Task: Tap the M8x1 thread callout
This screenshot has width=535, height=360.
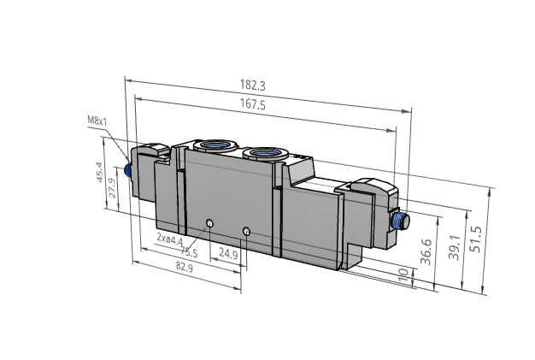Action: coord(97,121)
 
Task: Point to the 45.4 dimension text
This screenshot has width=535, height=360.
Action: coord(99,174)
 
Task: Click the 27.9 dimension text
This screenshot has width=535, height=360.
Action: coord(113,187)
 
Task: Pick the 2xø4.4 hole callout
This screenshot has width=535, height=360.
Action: coord(170,240)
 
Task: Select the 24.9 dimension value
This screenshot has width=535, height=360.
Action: coord(228,253)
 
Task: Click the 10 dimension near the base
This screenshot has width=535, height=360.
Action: coord(404,275)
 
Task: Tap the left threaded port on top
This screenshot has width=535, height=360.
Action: coord(209,145)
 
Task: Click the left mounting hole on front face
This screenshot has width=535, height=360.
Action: coord(209,224)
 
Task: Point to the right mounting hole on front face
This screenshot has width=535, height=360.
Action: coord(246,231)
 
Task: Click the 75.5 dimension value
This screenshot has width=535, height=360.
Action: coord(190,253)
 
